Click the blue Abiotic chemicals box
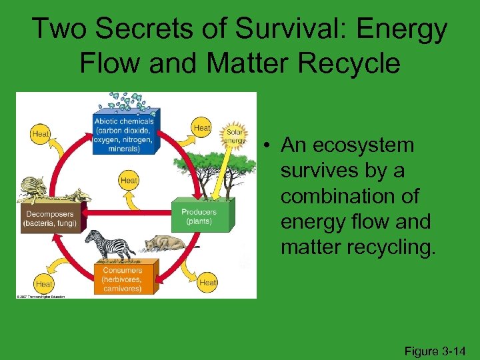tap(126, 135)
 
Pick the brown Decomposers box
tap(50, 219)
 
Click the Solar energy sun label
tap(235, 133)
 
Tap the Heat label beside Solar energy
tap(202, 127)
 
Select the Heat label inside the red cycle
tap(129, 180)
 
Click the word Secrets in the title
tap(136, 29)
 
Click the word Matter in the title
tap(238, 63)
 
